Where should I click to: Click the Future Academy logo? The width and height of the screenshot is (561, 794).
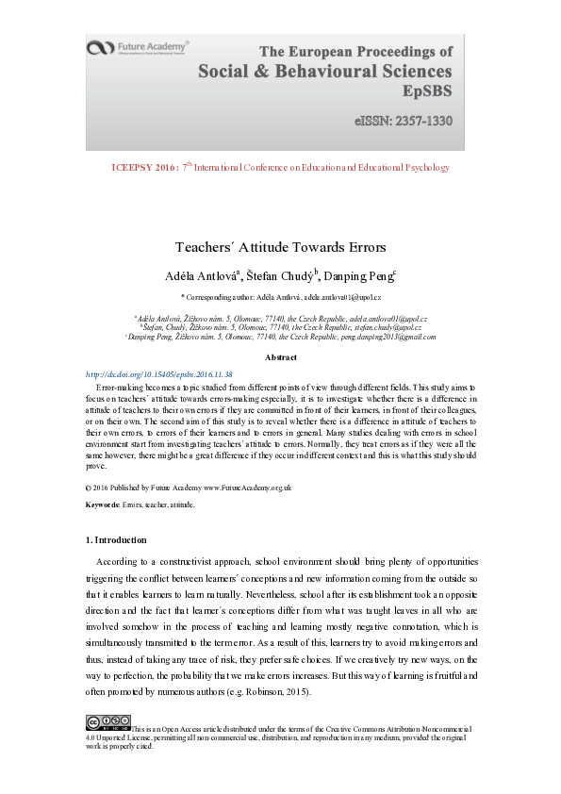point(138,47)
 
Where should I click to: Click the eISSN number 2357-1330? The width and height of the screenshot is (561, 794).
point(403,122)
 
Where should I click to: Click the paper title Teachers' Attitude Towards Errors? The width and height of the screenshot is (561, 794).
point(280,247)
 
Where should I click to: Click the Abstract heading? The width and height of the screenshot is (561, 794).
point(280,357)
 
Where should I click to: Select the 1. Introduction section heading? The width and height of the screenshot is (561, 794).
point(116,540)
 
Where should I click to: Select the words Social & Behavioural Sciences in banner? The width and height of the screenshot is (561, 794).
point(324,71)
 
